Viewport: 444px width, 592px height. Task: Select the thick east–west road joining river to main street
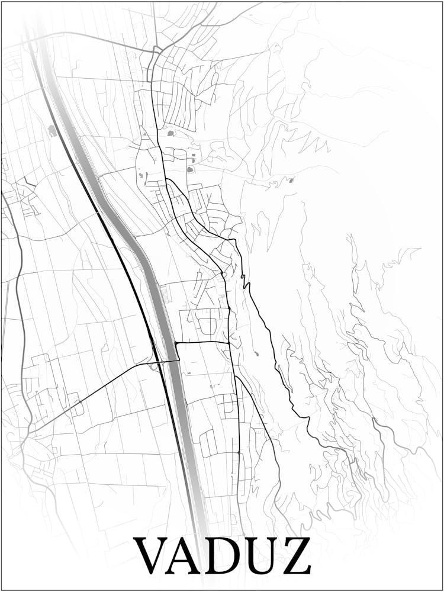[201, 342]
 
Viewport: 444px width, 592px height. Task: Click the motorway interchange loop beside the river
[155, 366]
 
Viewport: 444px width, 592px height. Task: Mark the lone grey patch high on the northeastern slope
[290, 180]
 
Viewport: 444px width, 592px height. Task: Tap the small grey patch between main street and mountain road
[256, 353]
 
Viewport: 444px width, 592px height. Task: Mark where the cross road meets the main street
[229, 342]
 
